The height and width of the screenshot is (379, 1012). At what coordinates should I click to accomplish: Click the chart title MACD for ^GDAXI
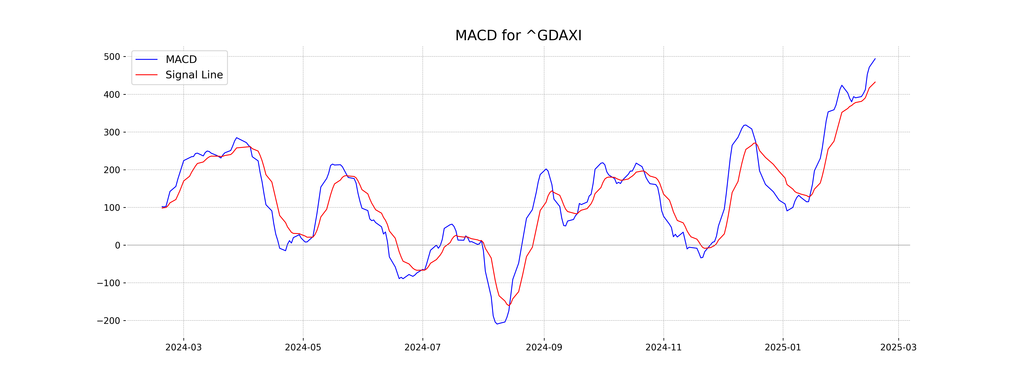[518, 36]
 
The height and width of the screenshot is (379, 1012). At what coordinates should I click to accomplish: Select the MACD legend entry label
[181, 59]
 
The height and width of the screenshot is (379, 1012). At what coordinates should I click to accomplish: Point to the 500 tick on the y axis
[112, 57]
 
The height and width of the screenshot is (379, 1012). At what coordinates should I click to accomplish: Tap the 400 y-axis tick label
[112, 95]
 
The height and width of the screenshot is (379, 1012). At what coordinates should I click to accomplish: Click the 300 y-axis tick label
[112, 132]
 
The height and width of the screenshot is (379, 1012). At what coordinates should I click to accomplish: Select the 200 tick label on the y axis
[112, 170]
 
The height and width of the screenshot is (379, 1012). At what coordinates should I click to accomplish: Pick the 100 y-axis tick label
[112, 208]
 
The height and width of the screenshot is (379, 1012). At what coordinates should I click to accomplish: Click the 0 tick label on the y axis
[117, 245]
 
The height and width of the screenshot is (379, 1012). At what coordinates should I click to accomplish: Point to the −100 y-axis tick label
[108, 283]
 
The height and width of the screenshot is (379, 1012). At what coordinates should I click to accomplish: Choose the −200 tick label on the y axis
[108, 320]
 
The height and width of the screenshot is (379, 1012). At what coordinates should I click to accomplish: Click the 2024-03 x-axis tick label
[183, 347]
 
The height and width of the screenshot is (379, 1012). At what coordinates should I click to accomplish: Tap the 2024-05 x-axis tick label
[303, 347]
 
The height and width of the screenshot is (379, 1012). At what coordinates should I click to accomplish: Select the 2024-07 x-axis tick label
[423, 347]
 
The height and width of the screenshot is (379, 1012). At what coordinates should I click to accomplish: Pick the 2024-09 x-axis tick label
[544, 347]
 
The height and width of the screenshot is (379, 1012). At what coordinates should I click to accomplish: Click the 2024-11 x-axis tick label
[663, 347]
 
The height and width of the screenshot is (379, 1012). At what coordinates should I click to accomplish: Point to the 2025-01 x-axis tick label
[783, 347]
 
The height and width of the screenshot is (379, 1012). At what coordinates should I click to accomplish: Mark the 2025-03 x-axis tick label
[898, 347]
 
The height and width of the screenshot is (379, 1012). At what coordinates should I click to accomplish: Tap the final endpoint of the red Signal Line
[875, 82]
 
